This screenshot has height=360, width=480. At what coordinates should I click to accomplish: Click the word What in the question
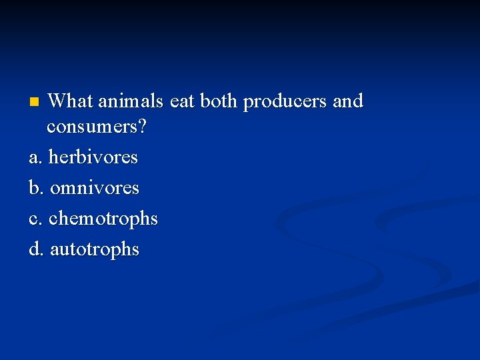pos(71,101)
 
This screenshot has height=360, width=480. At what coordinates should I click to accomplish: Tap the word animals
pos(131,101)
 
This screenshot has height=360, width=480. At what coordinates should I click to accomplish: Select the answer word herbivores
pos(93,158)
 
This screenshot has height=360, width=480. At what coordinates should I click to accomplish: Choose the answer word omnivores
pos(95,189)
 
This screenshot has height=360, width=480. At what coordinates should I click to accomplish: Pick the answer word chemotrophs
pos(103,219)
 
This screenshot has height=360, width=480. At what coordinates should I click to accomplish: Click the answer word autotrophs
pos(95,250)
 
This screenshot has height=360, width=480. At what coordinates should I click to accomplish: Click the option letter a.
pos(34,159)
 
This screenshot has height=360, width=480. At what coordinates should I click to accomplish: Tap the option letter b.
pos(35,188)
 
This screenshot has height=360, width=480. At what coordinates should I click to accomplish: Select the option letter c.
pos(34,219)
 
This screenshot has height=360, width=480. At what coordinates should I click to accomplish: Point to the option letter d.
pos(35,249)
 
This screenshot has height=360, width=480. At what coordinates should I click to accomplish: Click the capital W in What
pos(58,101)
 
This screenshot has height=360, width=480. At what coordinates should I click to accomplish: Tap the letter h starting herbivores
pos(53,157)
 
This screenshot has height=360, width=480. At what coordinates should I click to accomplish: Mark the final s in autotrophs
pos(135,251)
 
